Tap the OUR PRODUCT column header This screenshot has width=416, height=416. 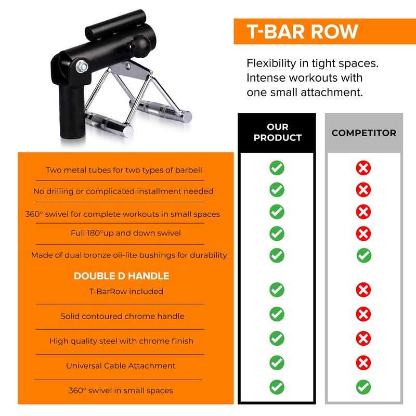point(277,133)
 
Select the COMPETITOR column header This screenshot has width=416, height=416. point(363,133)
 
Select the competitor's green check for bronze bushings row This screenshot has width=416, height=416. point(363,255)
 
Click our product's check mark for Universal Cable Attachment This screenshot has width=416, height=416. point(277,362)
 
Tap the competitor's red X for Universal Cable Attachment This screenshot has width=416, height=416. point(363,362)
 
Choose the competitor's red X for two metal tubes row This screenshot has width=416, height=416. point(363,168)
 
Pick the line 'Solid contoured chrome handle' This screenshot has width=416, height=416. point(122,316)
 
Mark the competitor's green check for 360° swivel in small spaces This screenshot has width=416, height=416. point(363,387)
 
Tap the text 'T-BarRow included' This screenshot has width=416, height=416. point(126,291)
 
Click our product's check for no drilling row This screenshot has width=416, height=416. point(277,189)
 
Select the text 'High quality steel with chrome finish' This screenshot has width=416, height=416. point(121,341)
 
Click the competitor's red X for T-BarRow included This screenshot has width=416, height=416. point(363,289)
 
